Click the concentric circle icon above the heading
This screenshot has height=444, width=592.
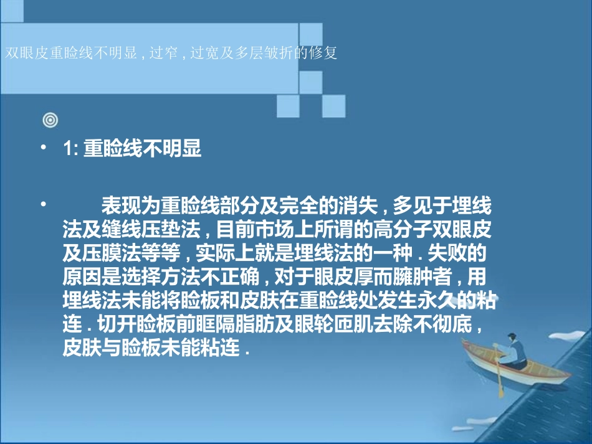click(x=52, y=118)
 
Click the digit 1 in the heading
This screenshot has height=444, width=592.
click(x=67, y=151)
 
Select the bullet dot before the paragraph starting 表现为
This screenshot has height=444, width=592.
click(x=43, y=204)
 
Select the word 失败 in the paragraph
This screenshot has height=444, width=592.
click(x=459, y=255)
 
